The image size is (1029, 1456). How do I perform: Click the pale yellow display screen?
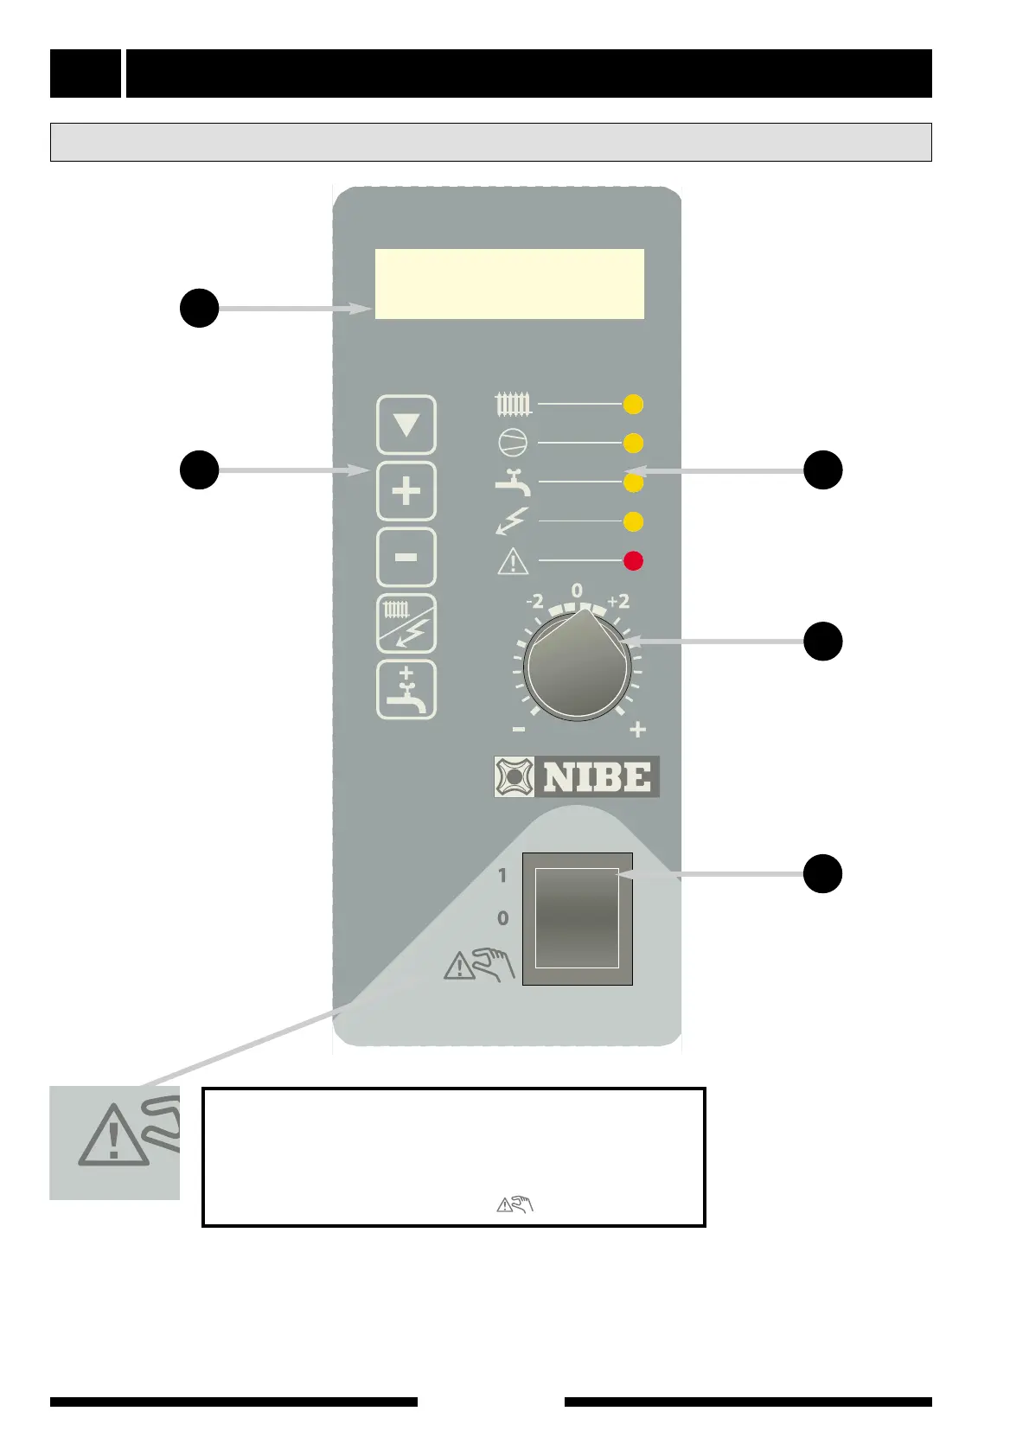coord(509,284)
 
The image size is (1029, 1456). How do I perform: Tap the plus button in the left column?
coord(406,492)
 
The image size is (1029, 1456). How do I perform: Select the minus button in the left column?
coord(406,558)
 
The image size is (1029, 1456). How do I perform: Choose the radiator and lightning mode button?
coord(406,623)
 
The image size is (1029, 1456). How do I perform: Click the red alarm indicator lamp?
coord(633,561)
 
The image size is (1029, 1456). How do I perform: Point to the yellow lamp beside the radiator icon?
coord(633,404)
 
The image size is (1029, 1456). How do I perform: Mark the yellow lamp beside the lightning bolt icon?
coord(633,522)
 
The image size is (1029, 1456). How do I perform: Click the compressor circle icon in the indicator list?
coord(513,444)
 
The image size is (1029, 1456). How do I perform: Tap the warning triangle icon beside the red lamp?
coord(513,562)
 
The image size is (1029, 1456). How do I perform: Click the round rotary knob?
coord(578,666)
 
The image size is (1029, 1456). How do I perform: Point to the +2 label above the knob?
coord(618,601)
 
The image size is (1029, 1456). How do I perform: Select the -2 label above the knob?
coord(535,601)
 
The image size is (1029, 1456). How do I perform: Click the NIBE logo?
coord(577,776)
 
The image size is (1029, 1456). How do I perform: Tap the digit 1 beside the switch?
coord(502,876)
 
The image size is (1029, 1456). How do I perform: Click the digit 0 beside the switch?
coord(502,918)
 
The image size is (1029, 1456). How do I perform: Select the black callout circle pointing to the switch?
coord(822,873)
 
